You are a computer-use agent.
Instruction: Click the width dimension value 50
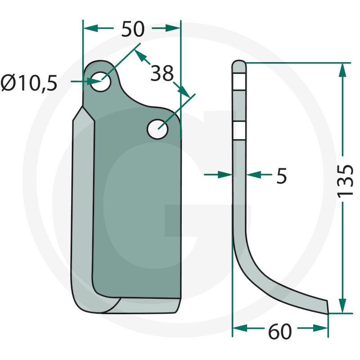click(133, 29)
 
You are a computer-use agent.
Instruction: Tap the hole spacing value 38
click(162, 73)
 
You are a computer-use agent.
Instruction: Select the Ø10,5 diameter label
click(29, 83)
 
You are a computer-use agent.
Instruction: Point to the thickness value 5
click(282, 175)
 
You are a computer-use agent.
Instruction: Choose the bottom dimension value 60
click(280, 332)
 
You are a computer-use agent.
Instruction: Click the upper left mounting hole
click(100, 81)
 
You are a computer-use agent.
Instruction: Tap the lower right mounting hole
click(157, 129)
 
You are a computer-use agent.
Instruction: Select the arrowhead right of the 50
click(173, 28)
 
